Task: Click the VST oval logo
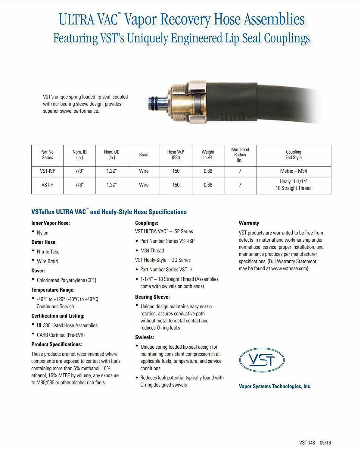click(x=262, y=359)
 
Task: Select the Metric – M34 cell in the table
click(x=293, y=171)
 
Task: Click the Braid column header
click(x=144, y=155)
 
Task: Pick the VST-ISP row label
click(x=48, y=171)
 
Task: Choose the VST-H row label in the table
click(x=48, y=185)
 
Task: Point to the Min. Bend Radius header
click(x=240, y=155)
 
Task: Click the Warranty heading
click(x=249, y=223)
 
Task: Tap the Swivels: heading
click(x=145, y=337)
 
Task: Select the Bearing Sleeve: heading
click(x=152, y=297)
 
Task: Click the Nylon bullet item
click(x=42, y=233)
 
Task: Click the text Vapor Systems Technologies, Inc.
click(x=275, y=386)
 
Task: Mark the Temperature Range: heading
click(x=53, y=290)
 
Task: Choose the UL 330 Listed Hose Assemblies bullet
click(x=67, y=325)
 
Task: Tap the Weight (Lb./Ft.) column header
click(x=208, y=155)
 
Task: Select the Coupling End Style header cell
click(x=293, y=155)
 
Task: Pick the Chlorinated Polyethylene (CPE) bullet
click(x=67, y=280)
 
